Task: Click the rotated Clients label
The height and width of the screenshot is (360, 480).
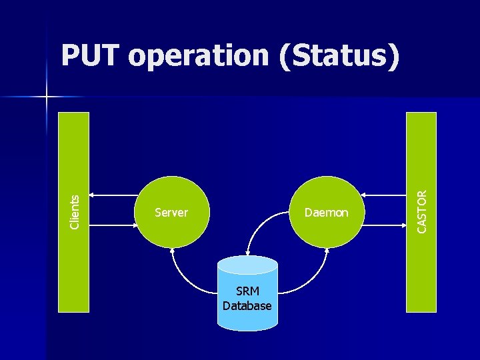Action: tap(75, 211)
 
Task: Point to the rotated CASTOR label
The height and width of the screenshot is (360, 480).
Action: tap(422, 211)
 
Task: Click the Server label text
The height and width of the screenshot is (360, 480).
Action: tap(171, 213)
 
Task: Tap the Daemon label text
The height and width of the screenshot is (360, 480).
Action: tap(326, 213)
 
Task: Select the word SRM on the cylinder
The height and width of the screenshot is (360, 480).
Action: tap(247, 292)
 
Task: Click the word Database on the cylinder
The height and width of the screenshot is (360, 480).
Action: tap(247, 306)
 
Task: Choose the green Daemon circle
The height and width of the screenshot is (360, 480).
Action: tap(326, 193)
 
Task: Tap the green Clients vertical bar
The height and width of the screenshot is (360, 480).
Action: tap(73, 147)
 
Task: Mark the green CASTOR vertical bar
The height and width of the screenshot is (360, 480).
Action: tap(421, 147)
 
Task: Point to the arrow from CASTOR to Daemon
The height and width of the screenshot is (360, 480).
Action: tap(384, 195)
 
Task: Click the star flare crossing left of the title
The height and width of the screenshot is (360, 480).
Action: tap(47, 97)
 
